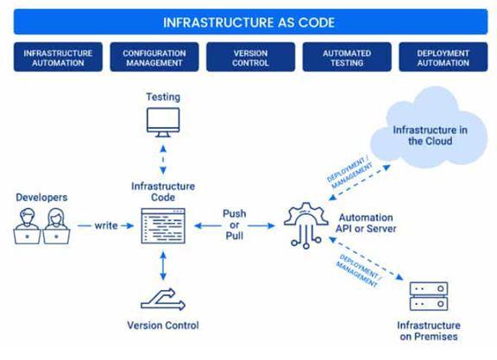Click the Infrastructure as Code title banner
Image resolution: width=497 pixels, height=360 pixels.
[x=248, y=21]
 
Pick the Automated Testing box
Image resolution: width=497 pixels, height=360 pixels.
[x=345, y=58]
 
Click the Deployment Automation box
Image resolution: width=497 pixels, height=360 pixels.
[x=443, y=58]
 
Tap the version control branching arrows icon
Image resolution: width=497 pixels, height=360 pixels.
[x=162, y=298]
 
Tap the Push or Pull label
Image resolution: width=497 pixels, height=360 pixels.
[x=235, y=224]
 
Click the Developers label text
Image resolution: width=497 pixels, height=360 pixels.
[x=41, y=198]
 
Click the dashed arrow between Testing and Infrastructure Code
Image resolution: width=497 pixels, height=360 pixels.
[x=162, y=159]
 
